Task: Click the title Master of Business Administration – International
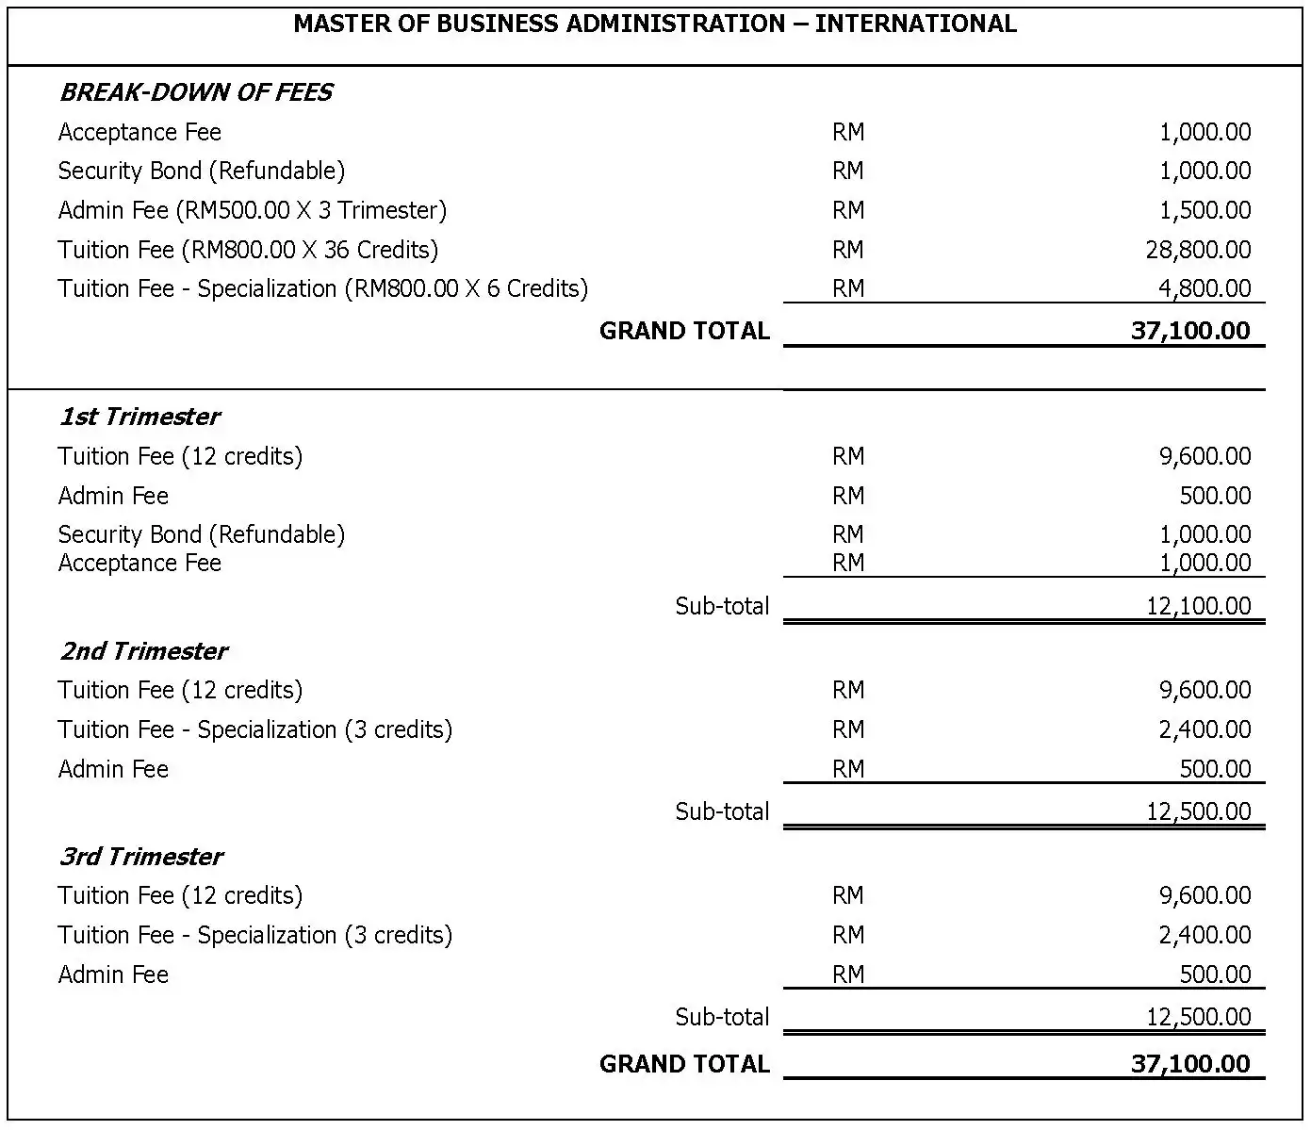tap(655, 24)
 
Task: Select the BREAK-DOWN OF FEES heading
tap(196, 92)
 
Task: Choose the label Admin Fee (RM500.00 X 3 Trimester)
tap(252, 210)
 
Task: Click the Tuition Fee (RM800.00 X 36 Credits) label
tap(248, 250)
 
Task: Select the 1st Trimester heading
tap(139, 417)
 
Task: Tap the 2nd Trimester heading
tap(143, 651)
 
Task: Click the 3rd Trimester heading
tap(141, 857)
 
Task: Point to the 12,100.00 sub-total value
tap(1198, 606)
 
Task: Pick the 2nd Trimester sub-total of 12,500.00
tap(1198, 811)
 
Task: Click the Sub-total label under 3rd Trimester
tap(722, 1017)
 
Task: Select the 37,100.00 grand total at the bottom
tap(1190, 1064)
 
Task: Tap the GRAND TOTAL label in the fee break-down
tap(684, 331)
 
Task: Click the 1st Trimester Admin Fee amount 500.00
tap(1215, 496)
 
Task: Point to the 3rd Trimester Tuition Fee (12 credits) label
tap(180, 895)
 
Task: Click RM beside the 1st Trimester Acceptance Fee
tap(847, 563)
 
